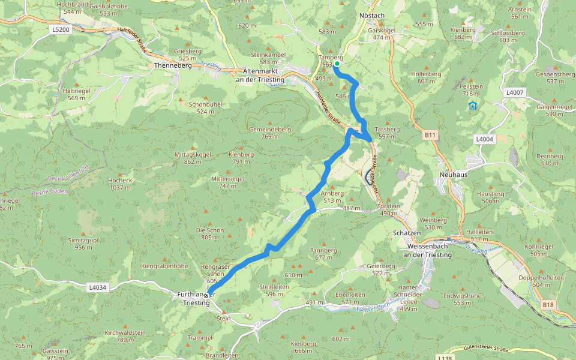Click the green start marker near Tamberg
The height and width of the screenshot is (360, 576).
[x=337, y=64]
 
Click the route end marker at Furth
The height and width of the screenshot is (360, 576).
[x=207, y=295]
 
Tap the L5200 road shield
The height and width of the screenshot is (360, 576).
[x=61, y=29]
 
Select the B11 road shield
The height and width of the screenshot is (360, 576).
[x=430, y=136]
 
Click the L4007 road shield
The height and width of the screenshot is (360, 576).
[x=514, y=92]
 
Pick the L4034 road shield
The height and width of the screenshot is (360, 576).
[x=97, y=287]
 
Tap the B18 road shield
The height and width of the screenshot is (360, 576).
[x=548, y=305]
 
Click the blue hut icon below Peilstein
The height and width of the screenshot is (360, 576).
[x=473, y=106]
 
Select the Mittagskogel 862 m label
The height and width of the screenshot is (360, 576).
[x=193, y=158]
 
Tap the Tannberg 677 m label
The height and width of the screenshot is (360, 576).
[x=323, y=253]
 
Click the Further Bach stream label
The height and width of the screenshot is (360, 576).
[x=373, y=308]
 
